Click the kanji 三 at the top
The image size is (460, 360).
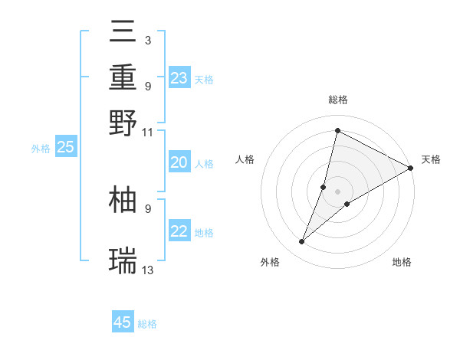[123, 34]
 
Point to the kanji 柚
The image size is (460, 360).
[123, 200]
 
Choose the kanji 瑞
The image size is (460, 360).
[123, 260]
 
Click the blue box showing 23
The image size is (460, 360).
[179, 77]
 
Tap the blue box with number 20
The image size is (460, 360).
[179, 162]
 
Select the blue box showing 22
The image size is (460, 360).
[179, 232]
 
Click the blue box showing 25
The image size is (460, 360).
[66, 148]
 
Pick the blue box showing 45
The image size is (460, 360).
[123, 322]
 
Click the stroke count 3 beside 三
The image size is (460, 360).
[147, 39]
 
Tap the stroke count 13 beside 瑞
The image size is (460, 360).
[148, 270]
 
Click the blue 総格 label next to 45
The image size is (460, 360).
[147, 324]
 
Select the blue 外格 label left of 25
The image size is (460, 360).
[41, 149]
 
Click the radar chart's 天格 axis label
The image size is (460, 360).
[431, 159]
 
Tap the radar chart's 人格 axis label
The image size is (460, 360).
[245, 159]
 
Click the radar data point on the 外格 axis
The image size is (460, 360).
[302, 242]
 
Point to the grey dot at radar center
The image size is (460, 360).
[337, 191]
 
